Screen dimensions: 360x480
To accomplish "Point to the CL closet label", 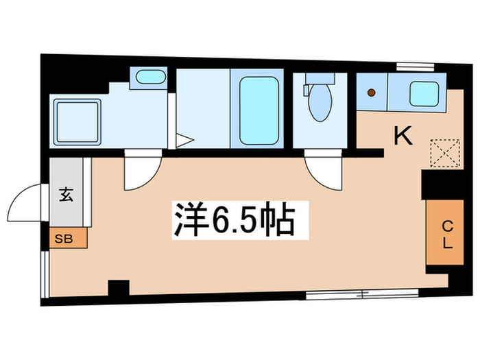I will pyautogui.click(x=446, y=235).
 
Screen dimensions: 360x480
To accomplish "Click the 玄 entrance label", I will pyautogui.click(x=66, y=195).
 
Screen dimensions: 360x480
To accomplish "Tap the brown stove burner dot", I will pyautogui.click(x=372, y=93).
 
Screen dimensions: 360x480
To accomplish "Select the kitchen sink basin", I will pyautogui.click(x=424, y=93).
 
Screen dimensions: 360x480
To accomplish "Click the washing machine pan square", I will pyautogui.click(x=77, y=121).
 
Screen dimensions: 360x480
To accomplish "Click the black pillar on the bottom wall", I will pyautogui.click(x=119, y=288).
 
